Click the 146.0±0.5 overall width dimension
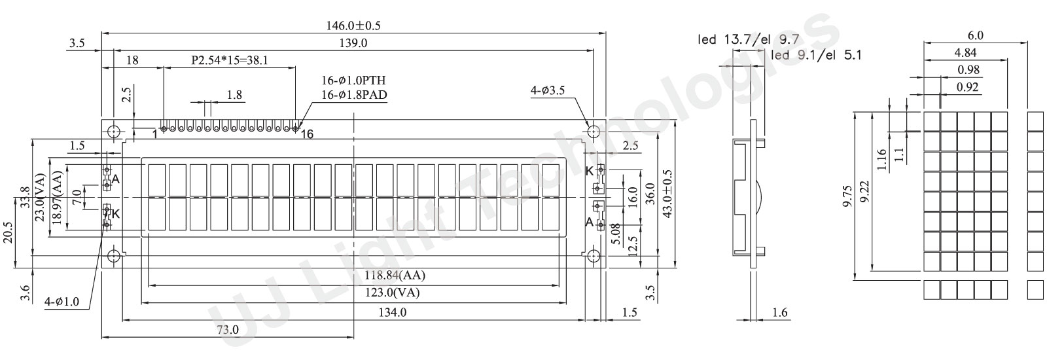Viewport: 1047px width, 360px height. pos(353,26)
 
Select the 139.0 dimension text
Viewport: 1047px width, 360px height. pos(353,43)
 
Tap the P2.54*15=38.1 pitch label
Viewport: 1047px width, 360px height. pos(230,60)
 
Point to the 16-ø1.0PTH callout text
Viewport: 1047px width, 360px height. pos(353,80)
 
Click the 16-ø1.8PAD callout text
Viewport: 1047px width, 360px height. pos(354,95)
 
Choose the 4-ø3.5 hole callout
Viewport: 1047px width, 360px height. pos(547,90)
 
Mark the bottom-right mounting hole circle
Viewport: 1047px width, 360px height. pos(594,256)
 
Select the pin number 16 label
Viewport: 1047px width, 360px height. pos(307,135)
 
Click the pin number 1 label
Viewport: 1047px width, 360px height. pos(154,134)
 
